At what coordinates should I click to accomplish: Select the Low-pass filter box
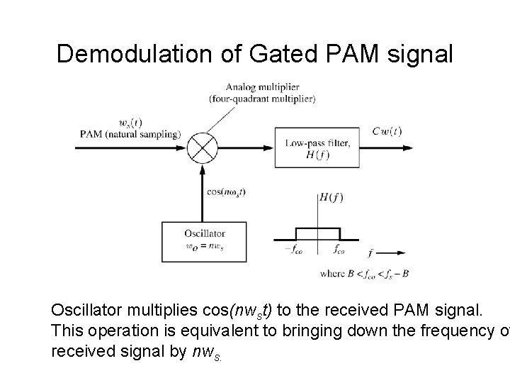[317, 148]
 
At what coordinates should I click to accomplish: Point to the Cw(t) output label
[387, 131]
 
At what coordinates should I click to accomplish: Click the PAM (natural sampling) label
[130, 133]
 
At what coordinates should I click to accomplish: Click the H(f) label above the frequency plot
[331, 197]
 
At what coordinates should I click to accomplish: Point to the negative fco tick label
[293, 250]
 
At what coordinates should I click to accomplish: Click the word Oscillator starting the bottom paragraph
[85, 311]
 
